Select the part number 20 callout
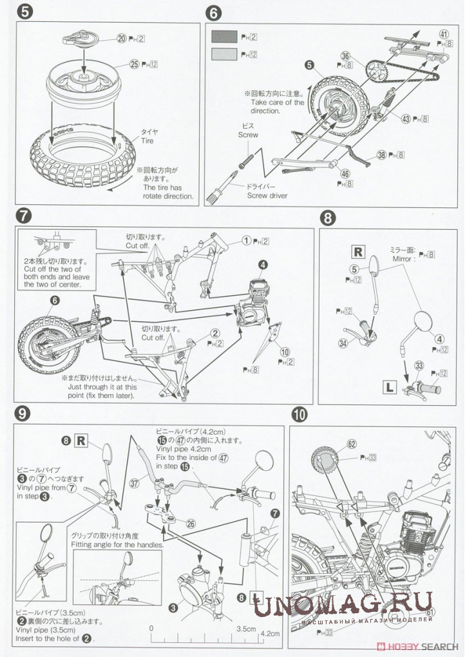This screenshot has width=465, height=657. [122, 39]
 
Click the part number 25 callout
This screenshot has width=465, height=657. [134, 64]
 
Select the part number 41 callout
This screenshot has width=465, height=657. [444, 34]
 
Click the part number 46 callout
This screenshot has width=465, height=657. [345, 174]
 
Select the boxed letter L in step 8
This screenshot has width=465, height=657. [390, 387]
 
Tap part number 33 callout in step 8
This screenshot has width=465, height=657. [419, 366]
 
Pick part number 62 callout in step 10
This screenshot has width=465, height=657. [351, 444]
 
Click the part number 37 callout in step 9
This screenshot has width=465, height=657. [133, 482]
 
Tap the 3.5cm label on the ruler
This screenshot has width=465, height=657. [245, 629]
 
